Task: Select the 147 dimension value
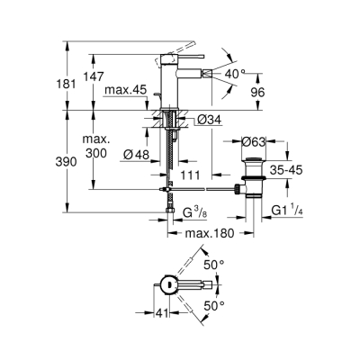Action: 94,77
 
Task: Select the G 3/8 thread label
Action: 192,212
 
